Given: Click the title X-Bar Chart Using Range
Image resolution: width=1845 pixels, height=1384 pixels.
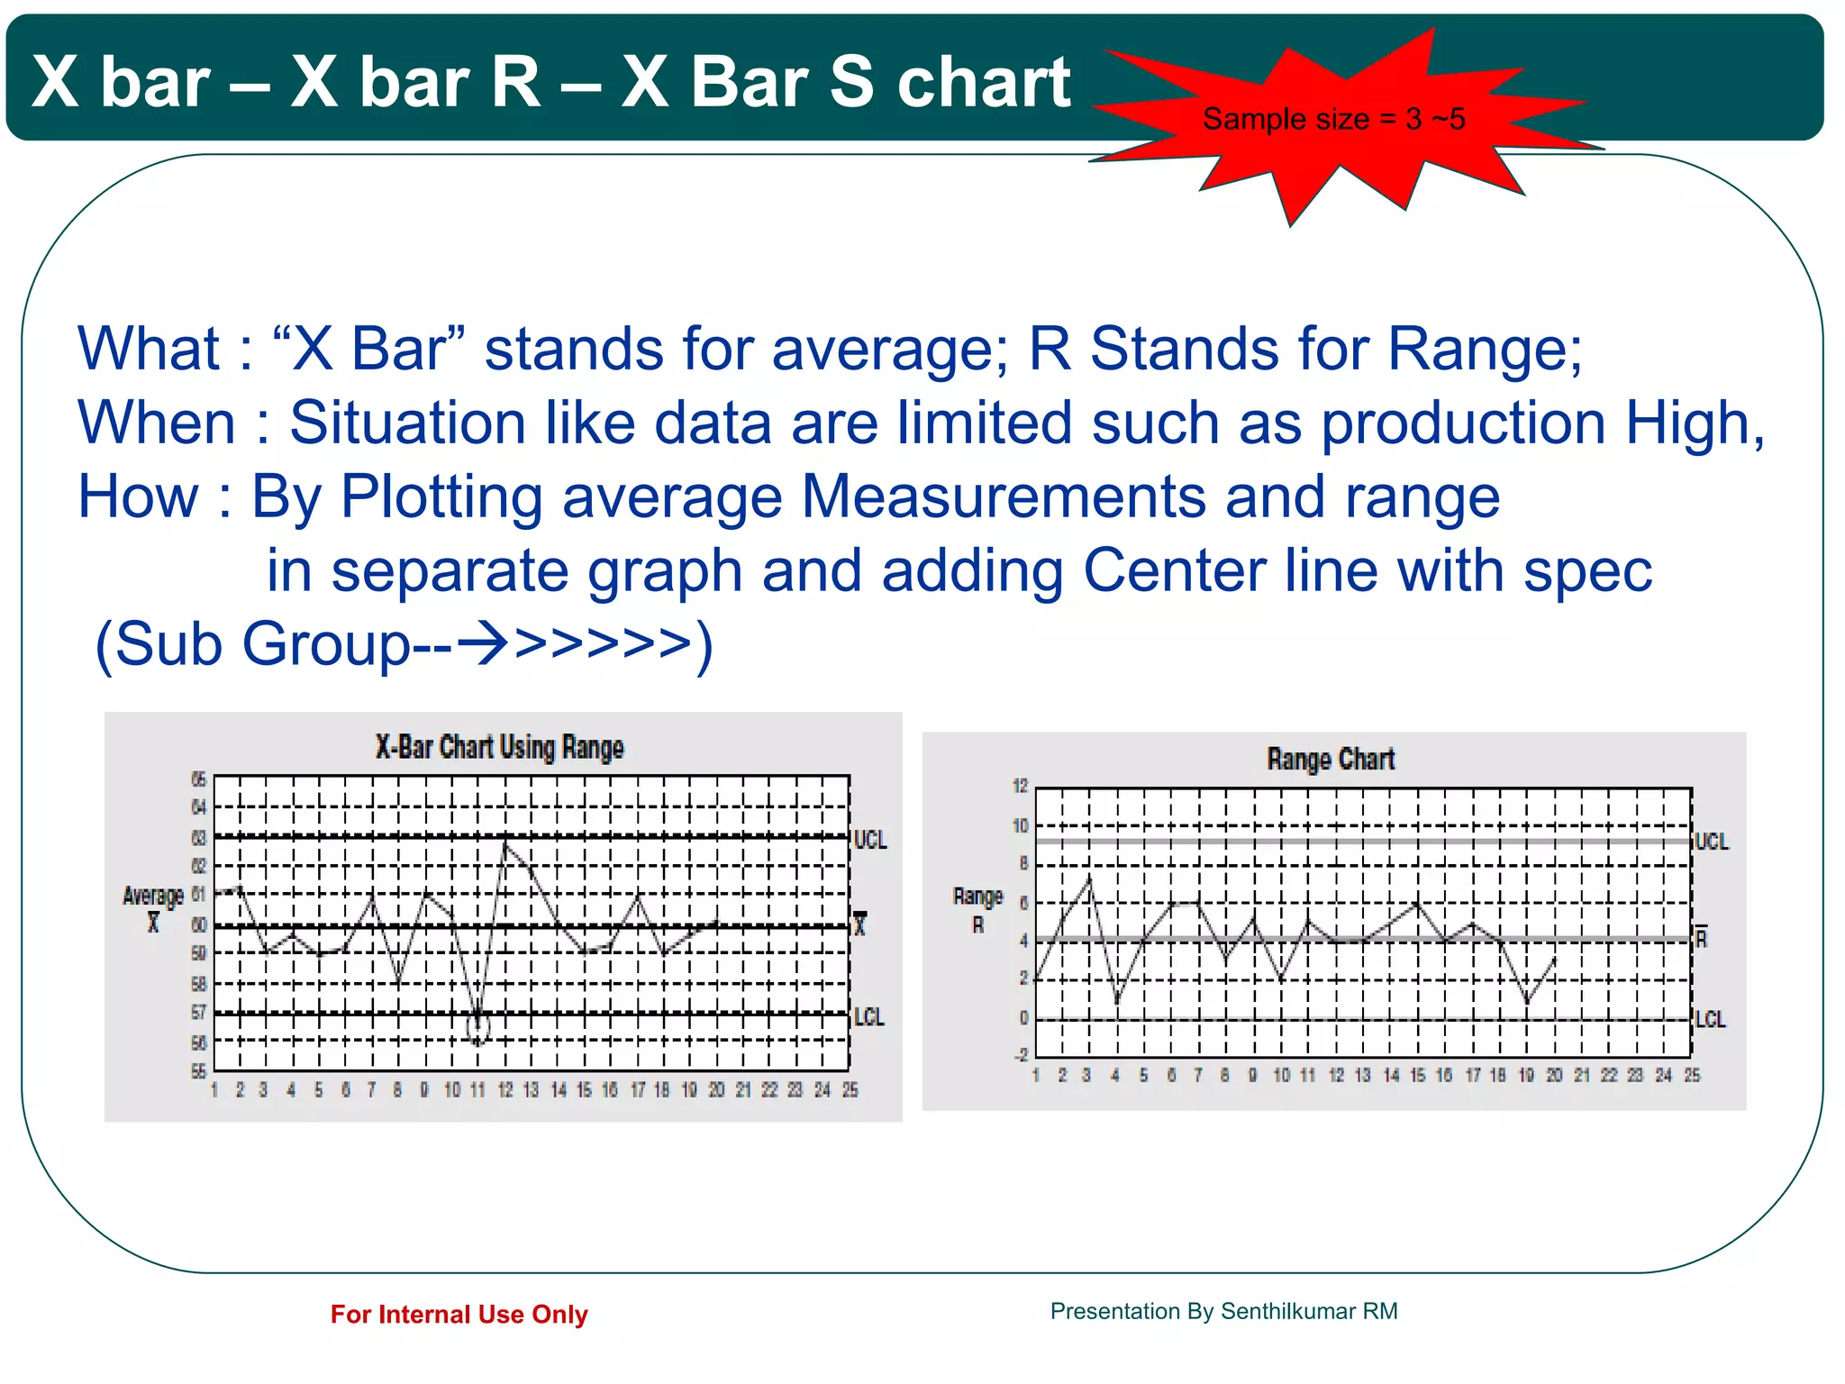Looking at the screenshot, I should point(499,747).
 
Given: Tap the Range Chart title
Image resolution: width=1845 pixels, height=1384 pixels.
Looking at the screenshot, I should point(1330,759).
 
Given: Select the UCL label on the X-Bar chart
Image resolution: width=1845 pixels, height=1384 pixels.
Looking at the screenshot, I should point(870,840).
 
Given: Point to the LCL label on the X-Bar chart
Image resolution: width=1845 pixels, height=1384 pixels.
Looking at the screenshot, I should point(869,1017).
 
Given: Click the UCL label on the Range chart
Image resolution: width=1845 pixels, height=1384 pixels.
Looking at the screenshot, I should point(1712,842).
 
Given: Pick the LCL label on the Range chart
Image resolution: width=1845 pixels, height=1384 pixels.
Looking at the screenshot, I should point(1710,1019).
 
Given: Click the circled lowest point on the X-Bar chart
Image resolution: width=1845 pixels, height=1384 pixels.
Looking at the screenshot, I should point(478,1027).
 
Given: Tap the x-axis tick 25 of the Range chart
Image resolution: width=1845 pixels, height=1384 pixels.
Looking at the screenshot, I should point(1692,1075).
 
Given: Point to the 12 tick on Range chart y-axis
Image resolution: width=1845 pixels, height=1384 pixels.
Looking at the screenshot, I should point(1020,786).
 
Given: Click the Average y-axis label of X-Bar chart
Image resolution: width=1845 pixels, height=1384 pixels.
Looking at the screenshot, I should point(153,896).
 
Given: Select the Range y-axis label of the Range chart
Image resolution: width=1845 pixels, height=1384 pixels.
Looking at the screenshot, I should point(977,897).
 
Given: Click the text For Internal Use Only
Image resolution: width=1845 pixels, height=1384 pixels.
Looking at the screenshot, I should point(459,1315).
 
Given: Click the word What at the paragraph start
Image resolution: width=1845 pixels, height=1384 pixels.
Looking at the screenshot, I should point(149,350).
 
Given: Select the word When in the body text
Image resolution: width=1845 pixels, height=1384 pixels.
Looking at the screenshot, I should point(157,423).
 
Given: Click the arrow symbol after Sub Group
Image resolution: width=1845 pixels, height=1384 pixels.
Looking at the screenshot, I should point(482,644).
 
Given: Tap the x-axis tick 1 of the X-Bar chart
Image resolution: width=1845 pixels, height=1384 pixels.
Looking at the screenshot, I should point(214,1090).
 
